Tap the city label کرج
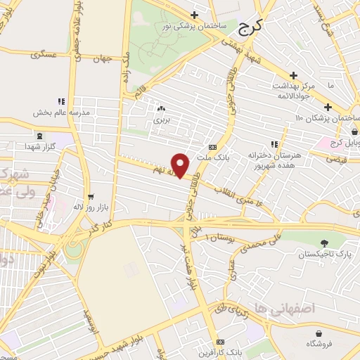click(250, 28)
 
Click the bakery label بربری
click(163, 120)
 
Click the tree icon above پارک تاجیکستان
click(323, 243)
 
